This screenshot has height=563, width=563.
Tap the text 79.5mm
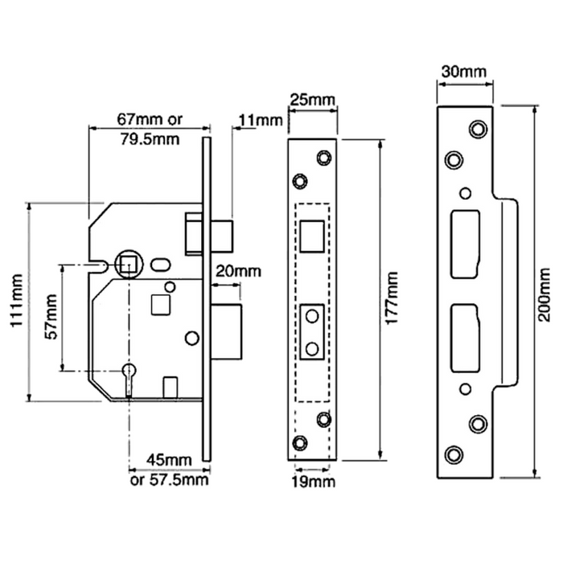tap(148, 138)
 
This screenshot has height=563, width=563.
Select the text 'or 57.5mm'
tap(169, 481)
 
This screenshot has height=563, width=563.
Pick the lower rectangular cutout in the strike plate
tap(465, 338)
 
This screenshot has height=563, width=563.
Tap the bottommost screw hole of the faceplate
tap(300, 443)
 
